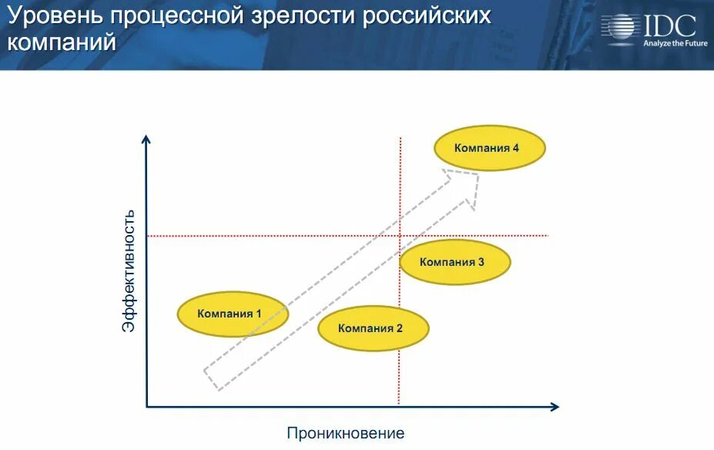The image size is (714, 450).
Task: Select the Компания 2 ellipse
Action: [x=374, y=328]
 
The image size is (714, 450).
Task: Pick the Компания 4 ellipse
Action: [x=490, y=148]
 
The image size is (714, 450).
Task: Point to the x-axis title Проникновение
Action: [x=346, y=433]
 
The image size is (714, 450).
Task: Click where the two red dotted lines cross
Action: [x=401, y=235]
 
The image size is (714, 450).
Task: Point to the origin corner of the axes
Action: [x=147, y=406]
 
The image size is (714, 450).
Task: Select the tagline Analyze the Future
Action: [x=675, y=44]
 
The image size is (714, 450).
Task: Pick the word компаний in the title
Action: [x=62, y=42]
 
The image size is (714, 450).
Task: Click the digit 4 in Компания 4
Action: [x=515, y=148]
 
